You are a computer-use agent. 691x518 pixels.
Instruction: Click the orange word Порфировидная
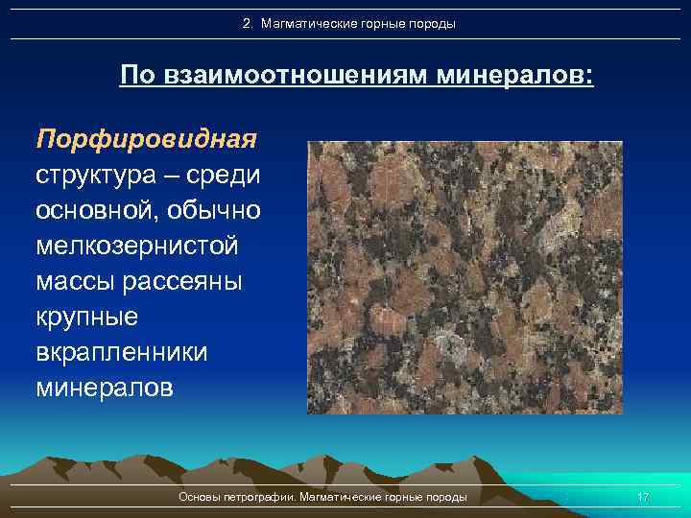click(146, 140)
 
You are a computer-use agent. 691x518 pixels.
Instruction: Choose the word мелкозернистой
click(136, 247)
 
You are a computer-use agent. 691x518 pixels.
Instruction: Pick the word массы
click(77, 282)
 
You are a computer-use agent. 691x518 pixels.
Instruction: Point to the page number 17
click(643, 497)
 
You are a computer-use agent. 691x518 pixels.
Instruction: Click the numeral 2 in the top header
click(247, 23)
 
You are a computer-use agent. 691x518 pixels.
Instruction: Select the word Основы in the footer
click(199, 497)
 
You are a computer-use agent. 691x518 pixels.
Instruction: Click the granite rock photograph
click(465, 277)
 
